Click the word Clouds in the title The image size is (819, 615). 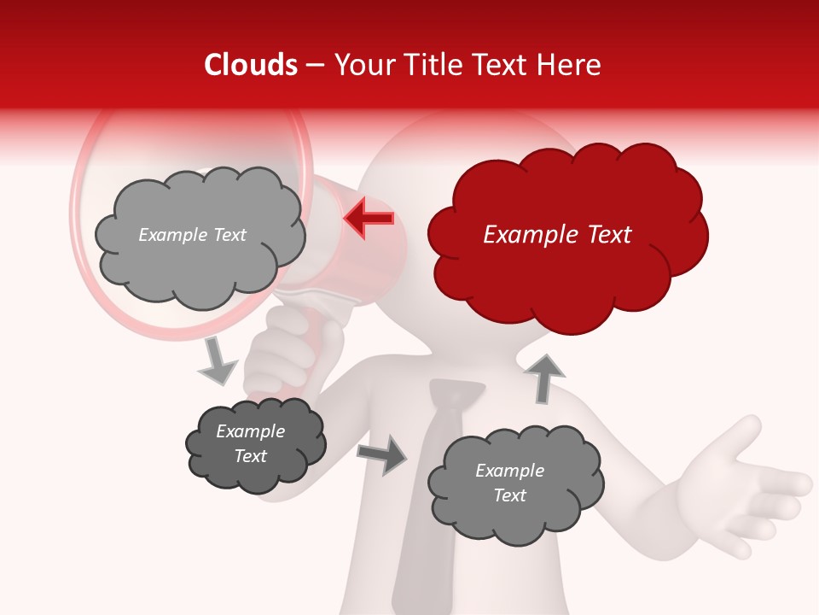point(251,65)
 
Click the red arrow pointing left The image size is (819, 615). point(369,218)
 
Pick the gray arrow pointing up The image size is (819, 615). point(544,378)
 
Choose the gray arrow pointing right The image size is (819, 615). point(382,454)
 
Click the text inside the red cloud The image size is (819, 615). point(557,235)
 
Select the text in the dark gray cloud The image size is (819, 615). point(251,443)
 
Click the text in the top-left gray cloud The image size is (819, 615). point(192,235)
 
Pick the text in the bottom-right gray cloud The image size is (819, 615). point(509,483)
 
